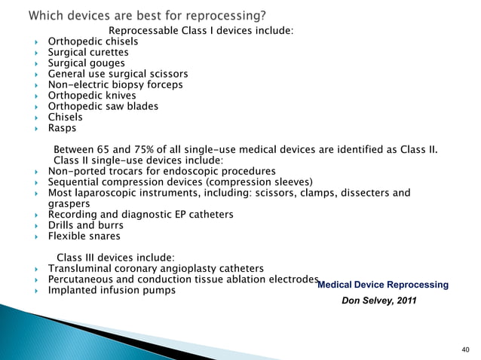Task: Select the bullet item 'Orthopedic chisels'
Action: (93, 41)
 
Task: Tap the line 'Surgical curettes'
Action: (88, 53)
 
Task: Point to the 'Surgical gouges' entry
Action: (87, 63)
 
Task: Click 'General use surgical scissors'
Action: (118, 75)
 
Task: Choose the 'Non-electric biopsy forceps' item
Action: (115, 85)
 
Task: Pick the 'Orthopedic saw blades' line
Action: (103, 106)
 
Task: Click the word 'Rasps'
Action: (63, 128)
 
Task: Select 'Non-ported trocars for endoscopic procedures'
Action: (161, 171)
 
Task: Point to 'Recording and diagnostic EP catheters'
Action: (140, 215)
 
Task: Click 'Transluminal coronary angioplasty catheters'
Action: (156, 268)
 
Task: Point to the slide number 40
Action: (464, 349)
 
